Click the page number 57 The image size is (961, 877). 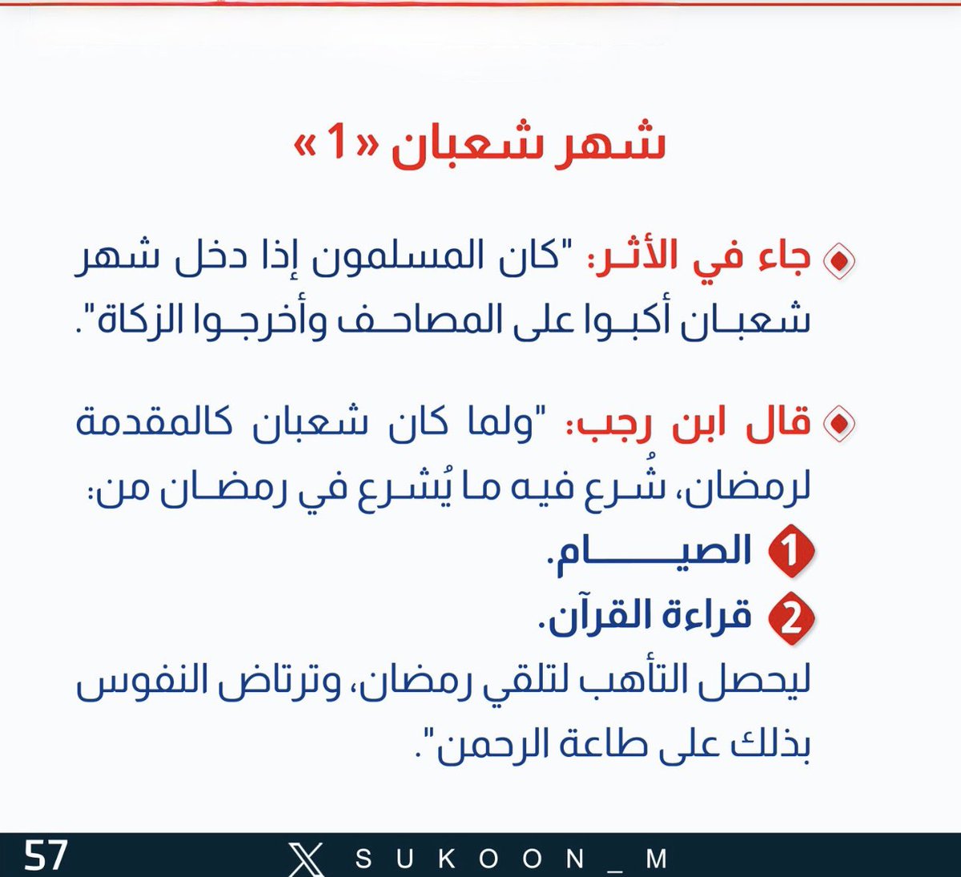pos(46,855)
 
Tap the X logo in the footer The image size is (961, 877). pos(306,859)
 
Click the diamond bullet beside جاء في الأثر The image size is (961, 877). pos(838,260)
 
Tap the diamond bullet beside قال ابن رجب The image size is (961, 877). pos(838,424)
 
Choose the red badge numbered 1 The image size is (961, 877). pos(790,552)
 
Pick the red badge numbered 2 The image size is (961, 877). pos(790,618)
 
